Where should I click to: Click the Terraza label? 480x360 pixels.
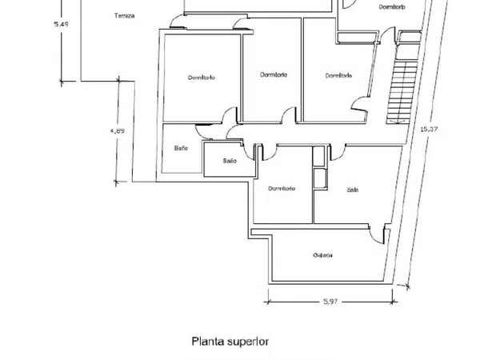point(124,16)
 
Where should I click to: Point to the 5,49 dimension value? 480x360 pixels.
point(62,24)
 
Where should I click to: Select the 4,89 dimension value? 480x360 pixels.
point(118,130)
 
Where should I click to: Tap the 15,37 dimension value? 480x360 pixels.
point(429,129)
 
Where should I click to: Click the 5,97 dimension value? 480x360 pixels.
point(330,302)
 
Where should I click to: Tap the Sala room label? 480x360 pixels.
point(352,190)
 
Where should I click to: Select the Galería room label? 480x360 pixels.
point(323,255)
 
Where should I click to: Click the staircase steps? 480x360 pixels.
point(402,91)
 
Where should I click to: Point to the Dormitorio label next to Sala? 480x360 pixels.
point(282,188)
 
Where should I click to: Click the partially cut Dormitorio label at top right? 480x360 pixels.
point(392,6)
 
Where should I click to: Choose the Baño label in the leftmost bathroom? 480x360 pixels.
point(181,148)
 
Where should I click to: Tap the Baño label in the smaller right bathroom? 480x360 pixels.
point(230,161)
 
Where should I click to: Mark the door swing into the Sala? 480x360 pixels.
point(338,153)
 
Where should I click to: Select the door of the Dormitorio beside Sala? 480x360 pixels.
point(270,153)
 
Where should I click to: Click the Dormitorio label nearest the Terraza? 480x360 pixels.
point(202,78)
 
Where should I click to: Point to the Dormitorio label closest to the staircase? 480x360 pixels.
point(338,75)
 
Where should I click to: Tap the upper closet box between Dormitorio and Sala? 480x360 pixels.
point(318,156)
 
